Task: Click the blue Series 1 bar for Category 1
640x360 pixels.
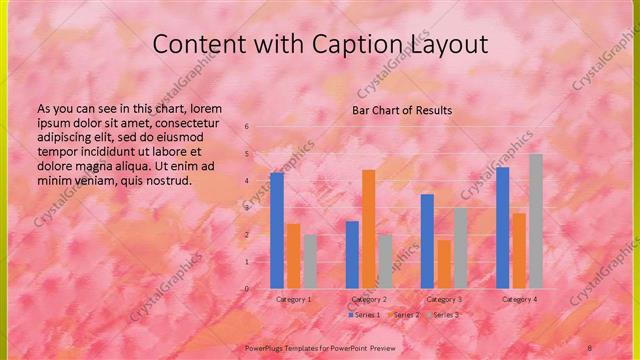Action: pos(277,230)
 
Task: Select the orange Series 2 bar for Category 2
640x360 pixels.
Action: pos(368,229)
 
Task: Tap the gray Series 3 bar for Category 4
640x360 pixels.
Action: pos(535,221)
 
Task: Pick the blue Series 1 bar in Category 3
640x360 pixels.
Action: pos(427,241)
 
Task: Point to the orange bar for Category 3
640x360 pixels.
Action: pos(443,264)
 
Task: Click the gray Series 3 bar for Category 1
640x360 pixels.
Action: pos(310,262)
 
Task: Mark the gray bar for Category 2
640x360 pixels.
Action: pos(385,262)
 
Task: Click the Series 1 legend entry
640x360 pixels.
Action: pos(364,315)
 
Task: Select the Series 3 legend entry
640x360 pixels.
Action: pos(442,315)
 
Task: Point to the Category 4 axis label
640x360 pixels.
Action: pos(519,299)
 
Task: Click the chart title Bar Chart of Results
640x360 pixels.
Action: pos(402,110)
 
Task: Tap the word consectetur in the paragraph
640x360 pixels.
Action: pos(198,123)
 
